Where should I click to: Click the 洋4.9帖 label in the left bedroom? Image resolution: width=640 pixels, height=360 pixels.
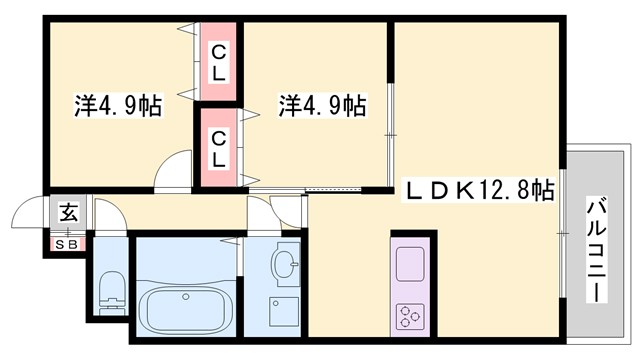click(118, 105)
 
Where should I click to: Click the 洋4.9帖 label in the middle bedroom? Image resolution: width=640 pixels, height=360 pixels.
click(321, 105)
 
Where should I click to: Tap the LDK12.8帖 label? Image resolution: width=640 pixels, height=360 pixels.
click(481, 187)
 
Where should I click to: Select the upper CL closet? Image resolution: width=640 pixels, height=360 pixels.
click(218, 62)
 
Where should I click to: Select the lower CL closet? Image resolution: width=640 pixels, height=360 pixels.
click(218, 147)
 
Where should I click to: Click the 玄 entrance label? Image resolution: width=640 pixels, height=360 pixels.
click(68, 212)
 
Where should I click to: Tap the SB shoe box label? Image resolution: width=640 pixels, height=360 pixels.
click(68, 242)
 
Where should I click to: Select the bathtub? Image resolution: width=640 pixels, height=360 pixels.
click(186, 309)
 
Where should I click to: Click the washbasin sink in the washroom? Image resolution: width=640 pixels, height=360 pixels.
click(285, 265)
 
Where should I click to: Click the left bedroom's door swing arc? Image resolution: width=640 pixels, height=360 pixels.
click(176, 167)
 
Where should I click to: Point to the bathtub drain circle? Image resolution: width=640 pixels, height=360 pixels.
click(186, 300)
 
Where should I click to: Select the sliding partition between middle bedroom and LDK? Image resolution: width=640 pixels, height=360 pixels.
click(391, 120)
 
